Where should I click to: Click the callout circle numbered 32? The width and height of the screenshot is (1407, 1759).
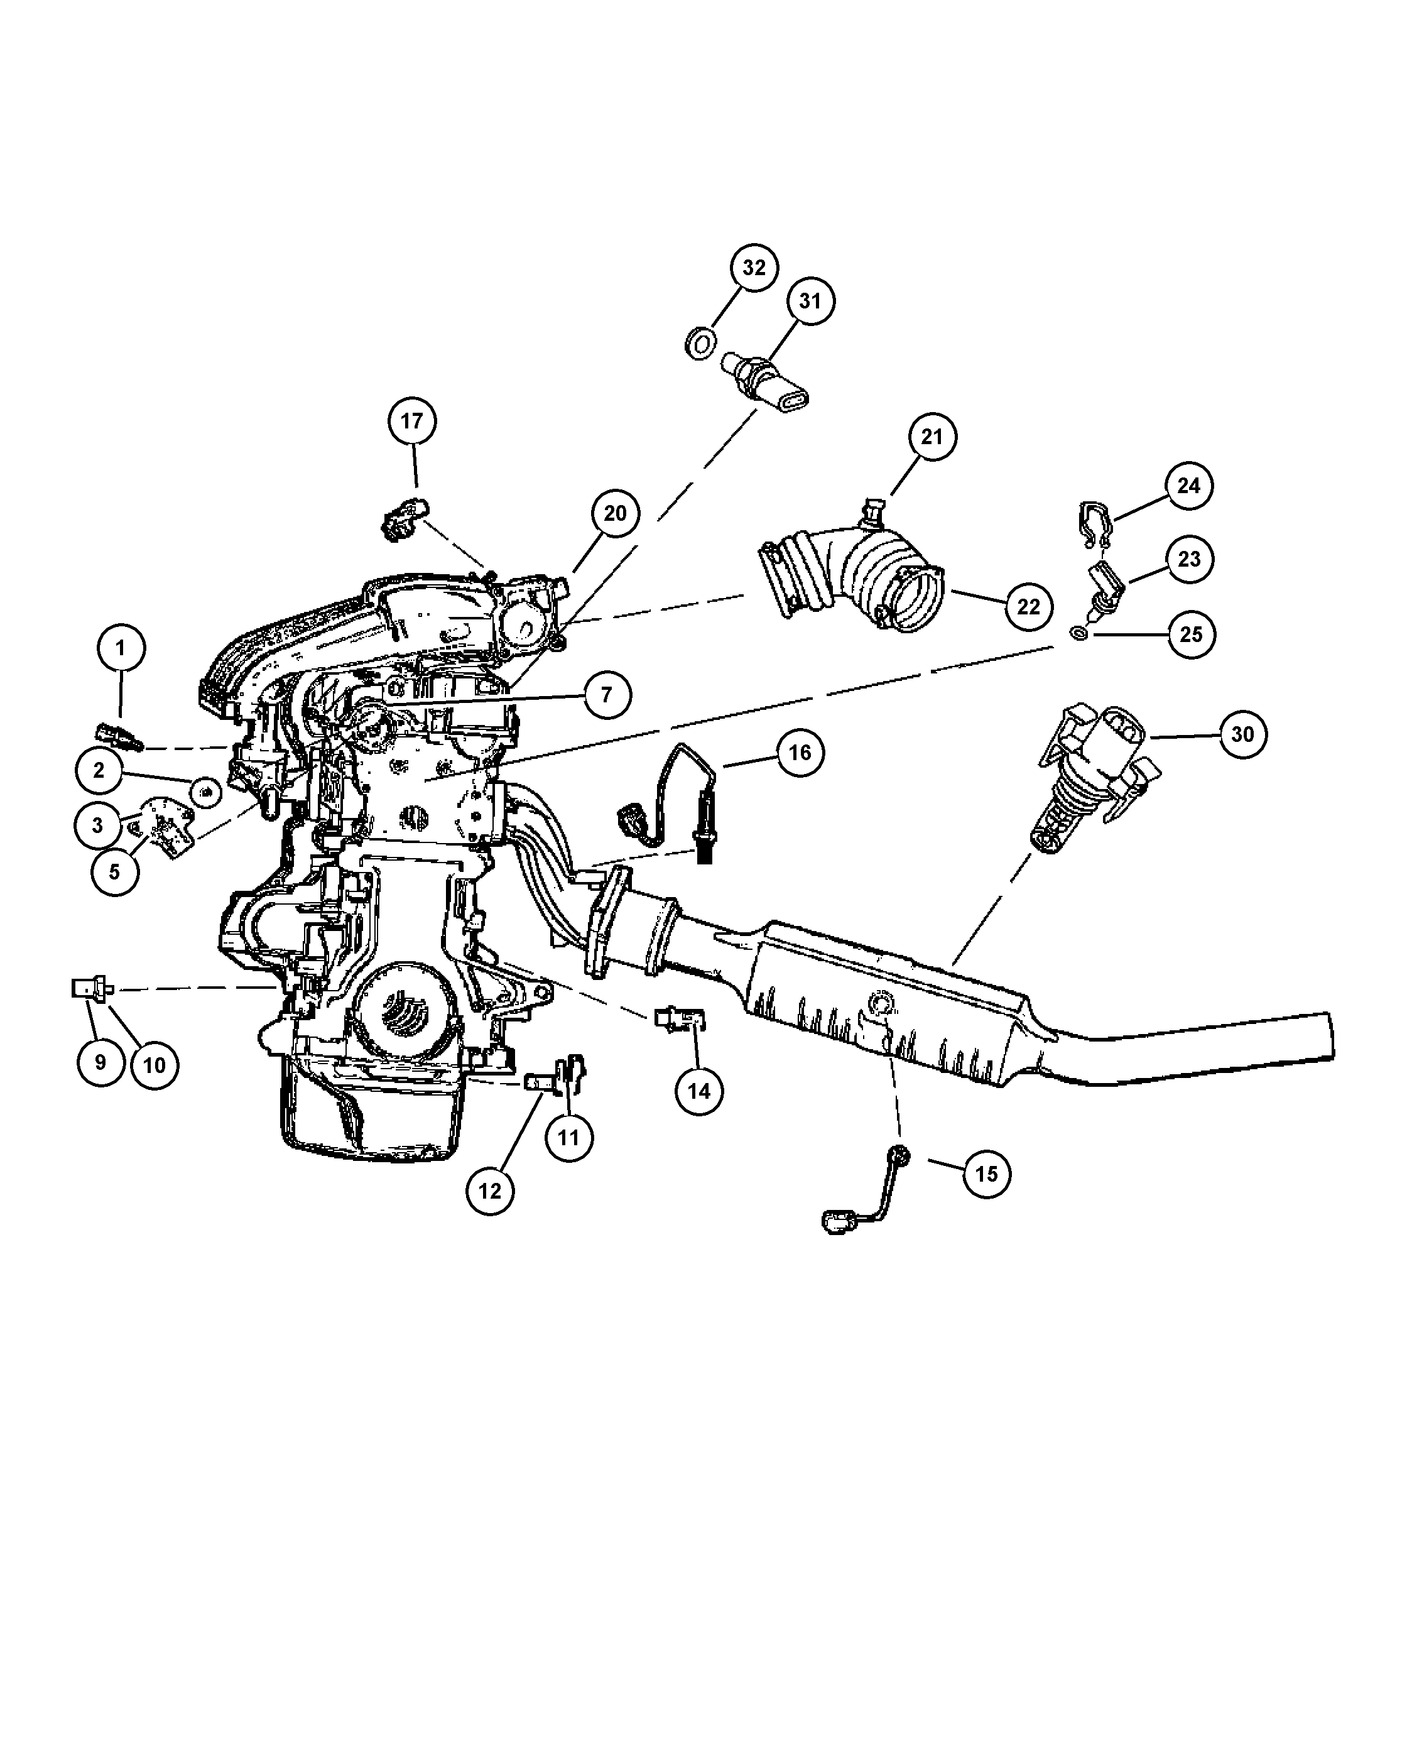click(754, 268)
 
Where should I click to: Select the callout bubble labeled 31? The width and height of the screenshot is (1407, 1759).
click(810, 301)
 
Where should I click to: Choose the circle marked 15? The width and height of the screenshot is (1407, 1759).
click(986, 1174)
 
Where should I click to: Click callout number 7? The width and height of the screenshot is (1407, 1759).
click(606, 695)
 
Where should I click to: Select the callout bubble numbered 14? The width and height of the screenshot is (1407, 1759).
click(699, 1092)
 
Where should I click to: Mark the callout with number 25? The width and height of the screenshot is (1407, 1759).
click(1191, 634)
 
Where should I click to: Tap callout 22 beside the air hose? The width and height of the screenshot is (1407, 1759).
click(1028, 607)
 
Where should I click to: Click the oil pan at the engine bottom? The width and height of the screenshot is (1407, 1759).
click(371, 1109)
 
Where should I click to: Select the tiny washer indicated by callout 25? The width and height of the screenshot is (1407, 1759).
click(1078, 633)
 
